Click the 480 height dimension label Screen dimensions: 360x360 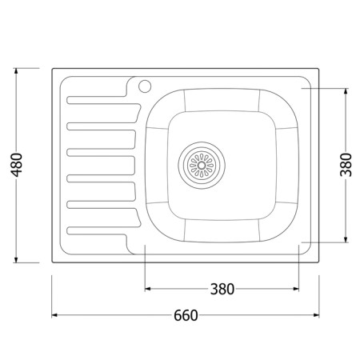(17, 165)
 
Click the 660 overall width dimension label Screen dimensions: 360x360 (186, 315)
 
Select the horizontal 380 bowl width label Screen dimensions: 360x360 (222, 289)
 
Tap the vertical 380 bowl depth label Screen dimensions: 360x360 (346, 165)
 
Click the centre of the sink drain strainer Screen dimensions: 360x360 (202, 166)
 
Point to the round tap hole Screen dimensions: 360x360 (145, 86)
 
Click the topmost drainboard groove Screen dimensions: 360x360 (103, 100)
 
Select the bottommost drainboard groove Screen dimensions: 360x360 (103, 230)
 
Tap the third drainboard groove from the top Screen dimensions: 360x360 (102, 152)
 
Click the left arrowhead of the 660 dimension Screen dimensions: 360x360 (54, 315)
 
